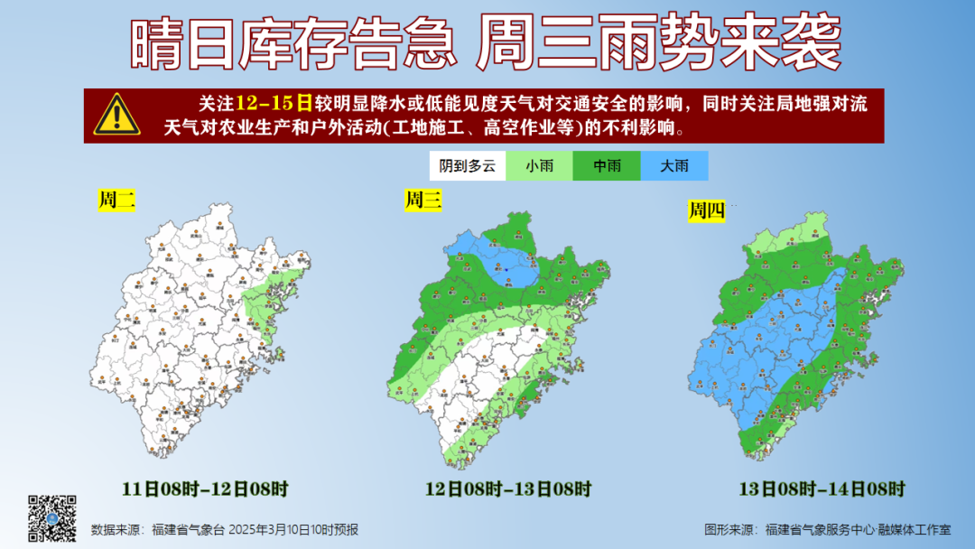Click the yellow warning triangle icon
click(116, 114)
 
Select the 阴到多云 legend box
click(467, 166)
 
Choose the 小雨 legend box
click(539, 166)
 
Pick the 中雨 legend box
click(606, 166)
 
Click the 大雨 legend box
click(674, 166)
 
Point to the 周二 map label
click(116, 201)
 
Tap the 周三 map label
click(422, 200)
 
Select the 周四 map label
click(707, 211)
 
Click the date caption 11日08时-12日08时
click(205, 489)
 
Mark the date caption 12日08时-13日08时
click(508, 489)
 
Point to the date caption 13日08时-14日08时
click(822, 489)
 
